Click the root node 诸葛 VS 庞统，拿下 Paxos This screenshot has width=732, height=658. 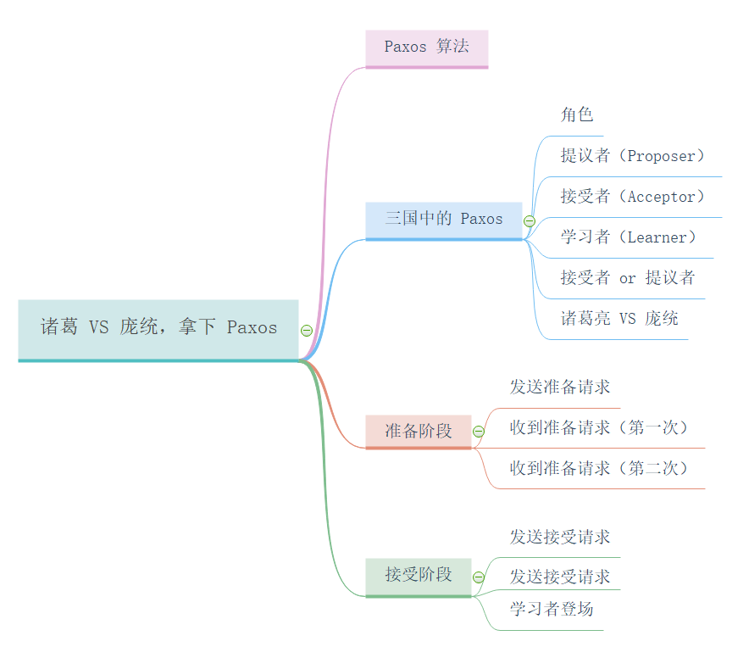pyautogui.click(x=158, y=328)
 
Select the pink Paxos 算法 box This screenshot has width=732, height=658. pyautogui.click(x=426, y=47)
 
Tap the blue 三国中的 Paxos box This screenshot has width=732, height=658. pyautogui.click(x=443, y=219)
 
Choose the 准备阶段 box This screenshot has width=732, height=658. pyautogui.click(x=418, y=431)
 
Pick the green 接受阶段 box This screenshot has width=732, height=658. pyautogui.click(x=418, y=575)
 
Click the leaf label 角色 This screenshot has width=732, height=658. pyautogui.click(x=577, y=115)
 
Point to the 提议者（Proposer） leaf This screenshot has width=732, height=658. pyautogui.click(x=633, y=156)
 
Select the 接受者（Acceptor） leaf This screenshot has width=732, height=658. pyautogui.click(x=633, y=197)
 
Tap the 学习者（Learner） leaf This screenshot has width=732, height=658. pyautogui.click(x=629, y=237)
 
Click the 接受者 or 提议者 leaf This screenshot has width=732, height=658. pyautogui.click(x=627, y=278)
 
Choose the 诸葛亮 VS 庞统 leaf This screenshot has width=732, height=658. pyautogui.click(x=619, y=319)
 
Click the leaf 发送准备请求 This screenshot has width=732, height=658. pyautogui.click(x=560, y=388)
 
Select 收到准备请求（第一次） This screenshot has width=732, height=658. pyautogui.click(x=599, y=427)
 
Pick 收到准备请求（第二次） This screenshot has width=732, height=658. pyautogui.click(x=599, y=468)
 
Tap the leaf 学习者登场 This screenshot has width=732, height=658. pyautogui.click(x=552, y=609)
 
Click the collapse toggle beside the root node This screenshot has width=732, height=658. pyautogui.click(x=307, y=331)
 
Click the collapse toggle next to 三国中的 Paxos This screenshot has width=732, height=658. pyautogui.click(x=530, y=221)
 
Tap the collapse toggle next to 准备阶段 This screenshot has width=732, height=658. pyautogui.click(x=479, y=432)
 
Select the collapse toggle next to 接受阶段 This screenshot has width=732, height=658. pyautogui.click(x=479, y=577)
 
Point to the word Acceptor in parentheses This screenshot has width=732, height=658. pyautogui.click(x=661, y=197)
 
